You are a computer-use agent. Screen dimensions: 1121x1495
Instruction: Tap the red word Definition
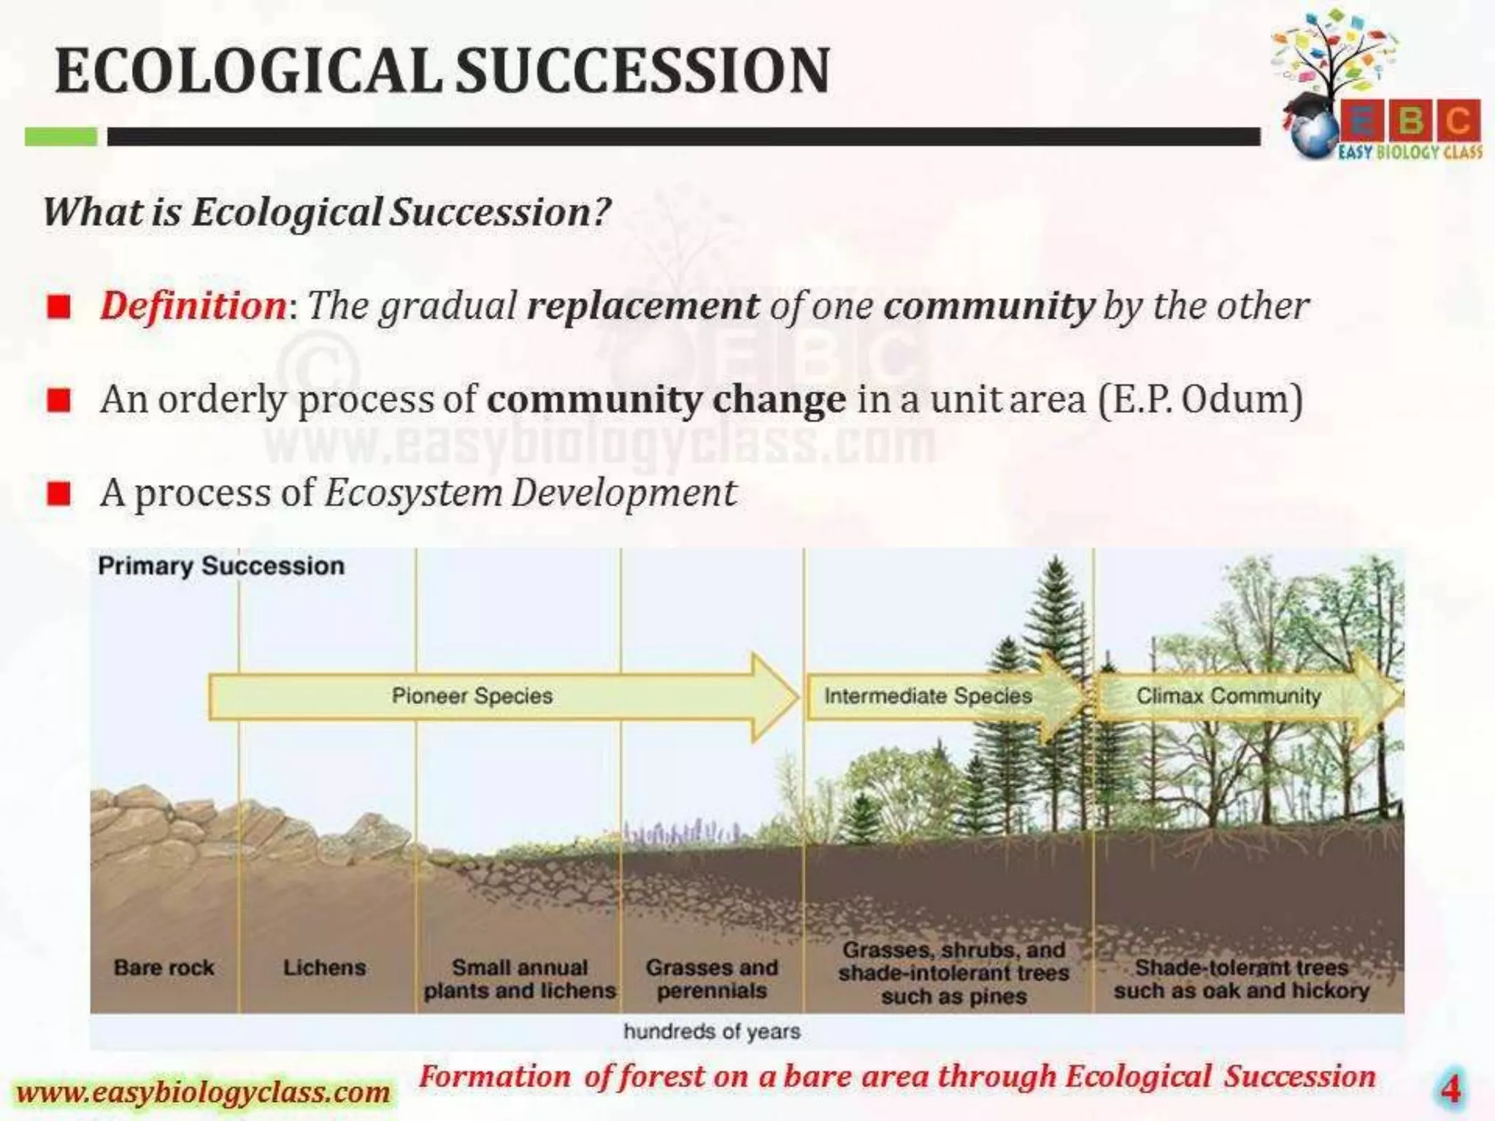click(193, 305)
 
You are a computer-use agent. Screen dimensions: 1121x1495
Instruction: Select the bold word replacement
click(642, 305)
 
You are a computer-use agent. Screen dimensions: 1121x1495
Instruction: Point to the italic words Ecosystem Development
click(531, 493)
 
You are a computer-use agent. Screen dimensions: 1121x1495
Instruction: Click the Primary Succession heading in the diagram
click(220, 566)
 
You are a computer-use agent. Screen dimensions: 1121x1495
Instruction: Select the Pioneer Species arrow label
click(472, 696)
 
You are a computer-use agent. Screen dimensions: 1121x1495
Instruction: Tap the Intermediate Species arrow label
click(927, 696)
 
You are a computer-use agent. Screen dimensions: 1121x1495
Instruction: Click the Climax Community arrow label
click(1228, 696)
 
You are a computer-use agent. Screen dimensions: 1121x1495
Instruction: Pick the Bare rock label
click(164, 968)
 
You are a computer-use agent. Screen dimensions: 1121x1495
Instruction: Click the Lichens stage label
click(324, 968)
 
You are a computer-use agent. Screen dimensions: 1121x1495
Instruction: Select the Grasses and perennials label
click(712, 979)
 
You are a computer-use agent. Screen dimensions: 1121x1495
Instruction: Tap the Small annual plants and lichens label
click(520, 979)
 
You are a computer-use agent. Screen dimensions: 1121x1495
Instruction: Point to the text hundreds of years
click(712, 1031)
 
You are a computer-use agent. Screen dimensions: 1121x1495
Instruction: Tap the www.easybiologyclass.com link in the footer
click(203, 1093)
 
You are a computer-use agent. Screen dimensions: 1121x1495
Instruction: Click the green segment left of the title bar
click(61, 136)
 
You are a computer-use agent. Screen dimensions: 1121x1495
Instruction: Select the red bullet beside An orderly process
click(58, 400)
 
